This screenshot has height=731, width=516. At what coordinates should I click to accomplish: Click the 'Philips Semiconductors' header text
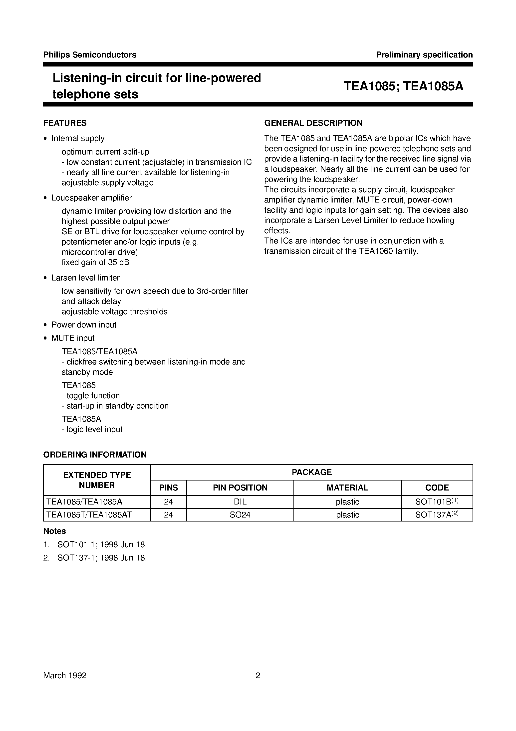90,55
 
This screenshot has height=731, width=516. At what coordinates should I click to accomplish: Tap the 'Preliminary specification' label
424,55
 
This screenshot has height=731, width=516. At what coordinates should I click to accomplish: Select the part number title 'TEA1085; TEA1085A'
403,86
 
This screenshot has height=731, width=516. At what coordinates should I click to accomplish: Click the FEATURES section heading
65,123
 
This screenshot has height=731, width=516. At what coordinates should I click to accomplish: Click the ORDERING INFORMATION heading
95,455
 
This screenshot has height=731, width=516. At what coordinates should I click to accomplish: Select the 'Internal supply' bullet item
78,138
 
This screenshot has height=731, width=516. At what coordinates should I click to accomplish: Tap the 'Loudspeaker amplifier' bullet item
92,198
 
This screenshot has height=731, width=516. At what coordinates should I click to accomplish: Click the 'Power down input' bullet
84,325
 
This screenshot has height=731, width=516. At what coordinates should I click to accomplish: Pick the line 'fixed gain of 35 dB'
95,262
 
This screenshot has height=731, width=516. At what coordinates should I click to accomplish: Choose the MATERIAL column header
347,488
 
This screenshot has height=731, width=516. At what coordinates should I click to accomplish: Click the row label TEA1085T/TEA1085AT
89,515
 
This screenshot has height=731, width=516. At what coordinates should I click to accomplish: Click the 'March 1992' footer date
65,675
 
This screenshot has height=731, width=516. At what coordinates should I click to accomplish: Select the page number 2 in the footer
258,675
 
